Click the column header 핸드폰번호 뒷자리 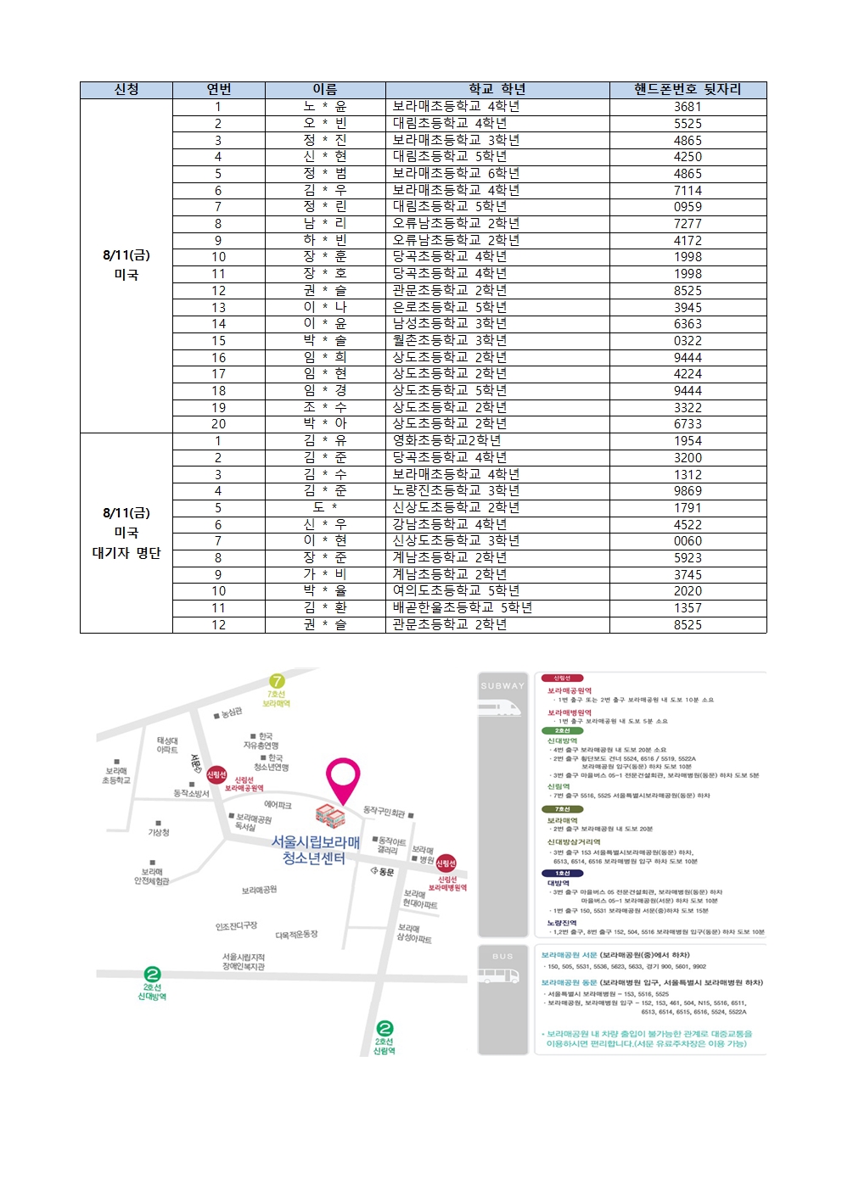(x=688, y=90)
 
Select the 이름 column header (x=325, y=90)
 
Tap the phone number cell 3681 (x=688, y=107)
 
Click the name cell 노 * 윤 (x=325, y=107)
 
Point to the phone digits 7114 (x=688, y=190)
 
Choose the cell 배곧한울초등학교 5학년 (x=463, y=607)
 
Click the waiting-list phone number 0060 (x=688, y=540)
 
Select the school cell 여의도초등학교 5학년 (x=456, y=590)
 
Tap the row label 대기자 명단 (x=126, y=553)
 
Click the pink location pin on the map (x=343, y=775)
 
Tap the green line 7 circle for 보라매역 (x=277, y=681)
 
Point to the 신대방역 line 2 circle (x=152, y=974)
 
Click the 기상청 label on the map (x=159, y=832)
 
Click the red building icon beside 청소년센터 (x=330, y=815)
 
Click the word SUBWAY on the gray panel (x=502, y=685)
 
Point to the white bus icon (x=499, y=976)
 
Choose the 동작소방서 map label (x=191, y=793)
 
